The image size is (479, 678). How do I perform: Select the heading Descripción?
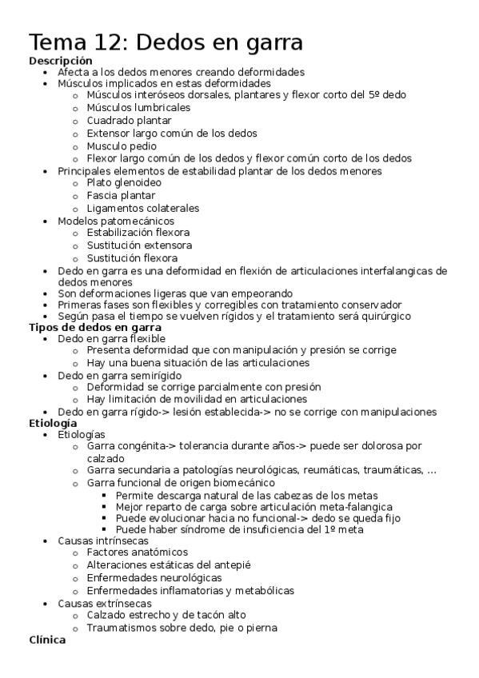coord(61,61)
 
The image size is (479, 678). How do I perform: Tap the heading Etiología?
coord(54,422)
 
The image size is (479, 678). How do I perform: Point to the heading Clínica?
coord(47,640)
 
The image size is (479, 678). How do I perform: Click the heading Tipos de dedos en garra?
coord(95,327)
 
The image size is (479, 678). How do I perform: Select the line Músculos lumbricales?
coord(138,108)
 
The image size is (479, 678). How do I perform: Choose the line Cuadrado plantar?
coord(129,121)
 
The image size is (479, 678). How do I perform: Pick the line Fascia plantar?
coord(121,196)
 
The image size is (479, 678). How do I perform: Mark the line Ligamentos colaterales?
coord(143,208)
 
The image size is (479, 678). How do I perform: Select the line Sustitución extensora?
coord(139,245)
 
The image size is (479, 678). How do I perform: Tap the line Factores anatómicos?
coord(138,552)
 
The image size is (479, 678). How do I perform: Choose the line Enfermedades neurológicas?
coord(154,577)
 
